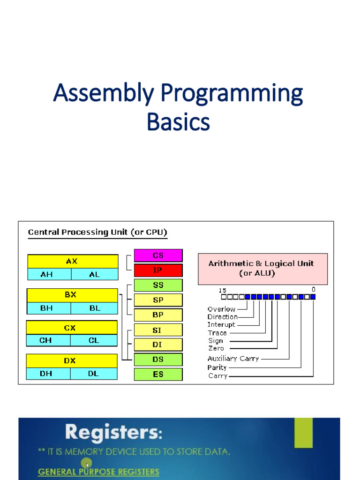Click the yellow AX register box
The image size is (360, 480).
pyautogui.click(x=73, y=261)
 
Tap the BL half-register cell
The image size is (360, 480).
pyautogui.click(x=95, y=308)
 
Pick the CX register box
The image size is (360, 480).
pyautogui.click(x=71, y=328)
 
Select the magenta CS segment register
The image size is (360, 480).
pyautogui.click(x=158, y=255)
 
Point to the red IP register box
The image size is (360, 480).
pyautogui.click(x=158, y=270)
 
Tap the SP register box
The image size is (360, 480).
pyautogui.click(x=158, y=300)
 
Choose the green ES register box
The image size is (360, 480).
pyautogui.click(x=158, y=374)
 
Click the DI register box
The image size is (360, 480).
pyautogui.click(x=158, y=345)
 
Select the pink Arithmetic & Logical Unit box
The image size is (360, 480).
pyautogui.click(x=262, y=269)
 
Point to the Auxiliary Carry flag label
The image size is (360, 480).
pyautogui.click(x=233, y=359)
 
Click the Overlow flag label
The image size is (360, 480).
pyautogui.click(x=221, y=309)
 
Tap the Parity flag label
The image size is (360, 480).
pyautogui.click(x=217, y=367)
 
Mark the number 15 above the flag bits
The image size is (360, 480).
pyautogui.click(x=223, y=290)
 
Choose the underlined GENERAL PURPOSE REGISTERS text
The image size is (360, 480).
pyautogui.click(x=98, y=472)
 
